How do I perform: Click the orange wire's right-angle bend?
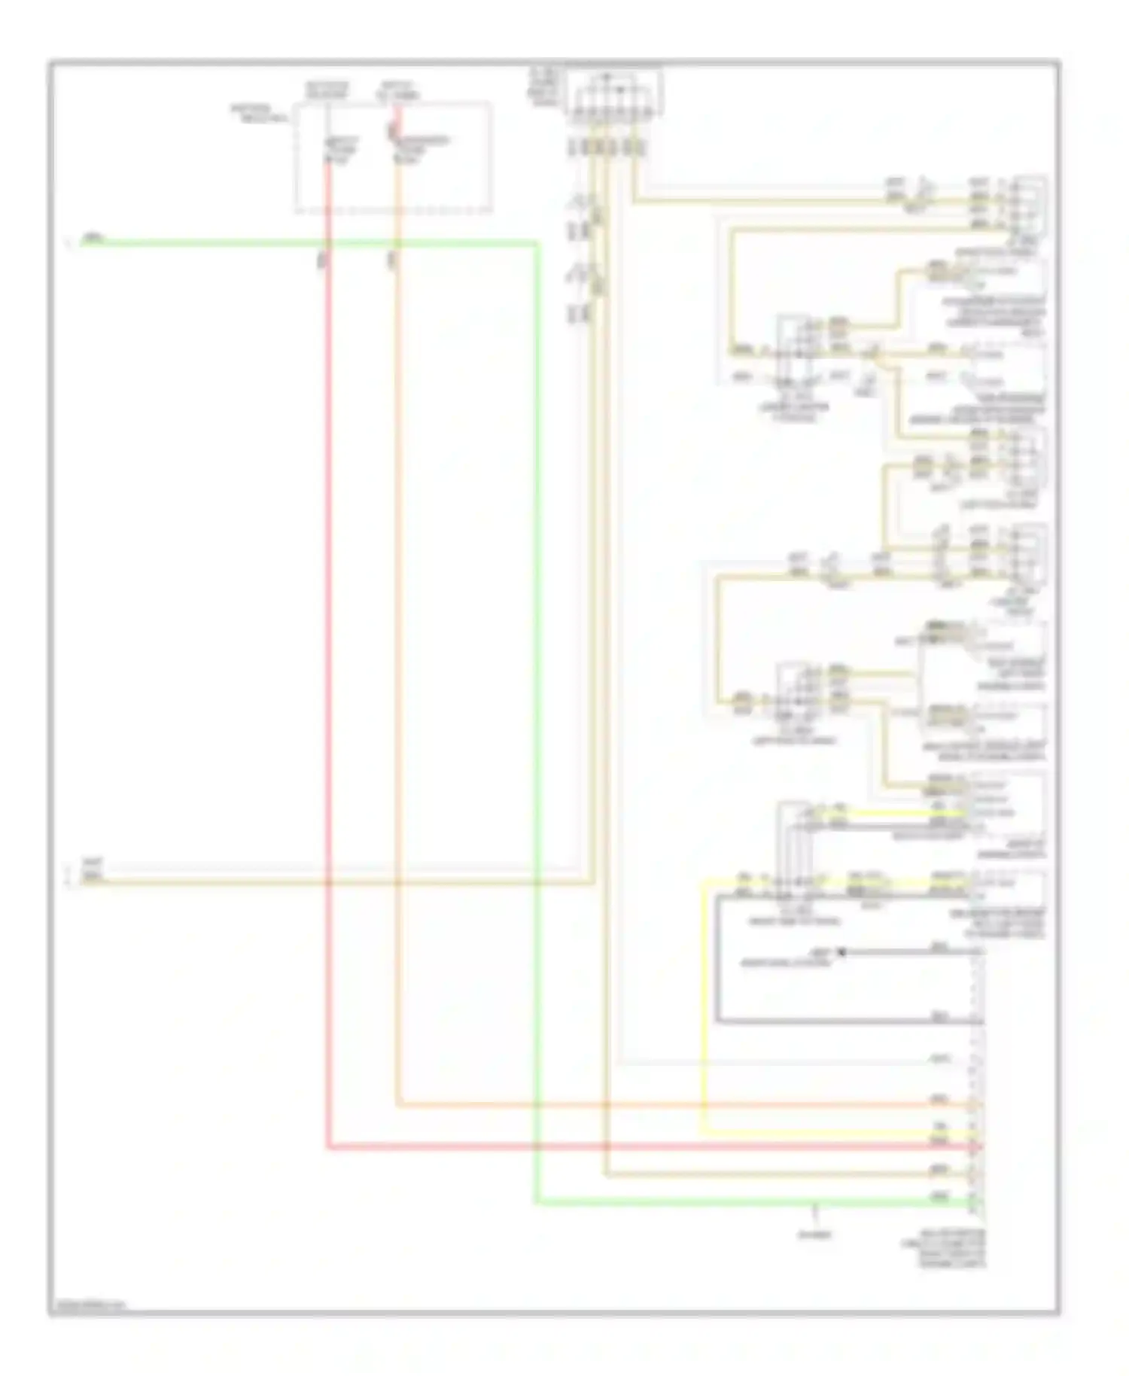pyautogui.click(x=397, y=1105)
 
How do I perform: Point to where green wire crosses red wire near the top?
pyautogui.click(x=328, y=243)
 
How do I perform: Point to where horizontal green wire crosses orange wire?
pyautogui.click(x=396, y=243)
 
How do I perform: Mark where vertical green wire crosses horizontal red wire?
pyautogui.click(x=537, y=1148)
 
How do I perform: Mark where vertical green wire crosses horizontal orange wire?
pyautogui.click(x=537, y=1105)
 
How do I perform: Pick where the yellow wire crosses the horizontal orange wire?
pyautogui.click(x=703, y=1105)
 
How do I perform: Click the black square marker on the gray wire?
pyautogui.click(x=841, y=952)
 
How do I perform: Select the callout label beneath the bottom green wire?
pyautogui.click(x=815, y=1235)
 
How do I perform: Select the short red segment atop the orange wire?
pyautogui.click(x=394, y=124)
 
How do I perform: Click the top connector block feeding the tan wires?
pyautogui.click(x=613, y=94)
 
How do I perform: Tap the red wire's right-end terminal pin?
pyautogui.click(x=976, y=1148)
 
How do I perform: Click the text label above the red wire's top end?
pyautogui.click(x=327, y=90)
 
